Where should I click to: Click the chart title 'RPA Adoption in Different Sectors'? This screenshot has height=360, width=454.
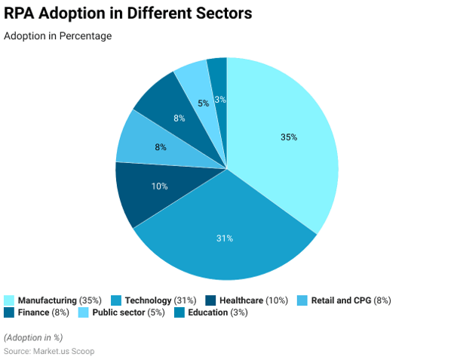128,14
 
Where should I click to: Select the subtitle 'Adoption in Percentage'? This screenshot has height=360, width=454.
58,36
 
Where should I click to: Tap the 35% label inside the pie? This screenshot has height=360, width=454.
289,137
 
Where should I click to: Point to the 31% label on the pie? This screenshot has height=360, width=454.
225,238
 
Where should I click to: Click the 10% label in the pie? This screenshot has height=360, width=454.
159,186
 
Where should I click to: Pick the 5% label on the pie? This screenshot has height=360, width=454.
204,103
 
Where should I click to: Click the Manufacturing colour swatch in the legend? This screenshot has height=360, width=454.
9,300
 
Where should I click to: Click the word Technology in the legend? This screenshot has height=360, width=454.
148,300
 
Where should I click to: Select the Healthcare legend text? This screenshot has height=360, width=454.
241,300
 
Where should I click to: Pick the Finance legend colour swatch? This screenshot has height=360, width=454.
9,312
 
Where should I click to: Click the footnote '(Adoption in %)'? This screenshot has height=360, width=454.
33,337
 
